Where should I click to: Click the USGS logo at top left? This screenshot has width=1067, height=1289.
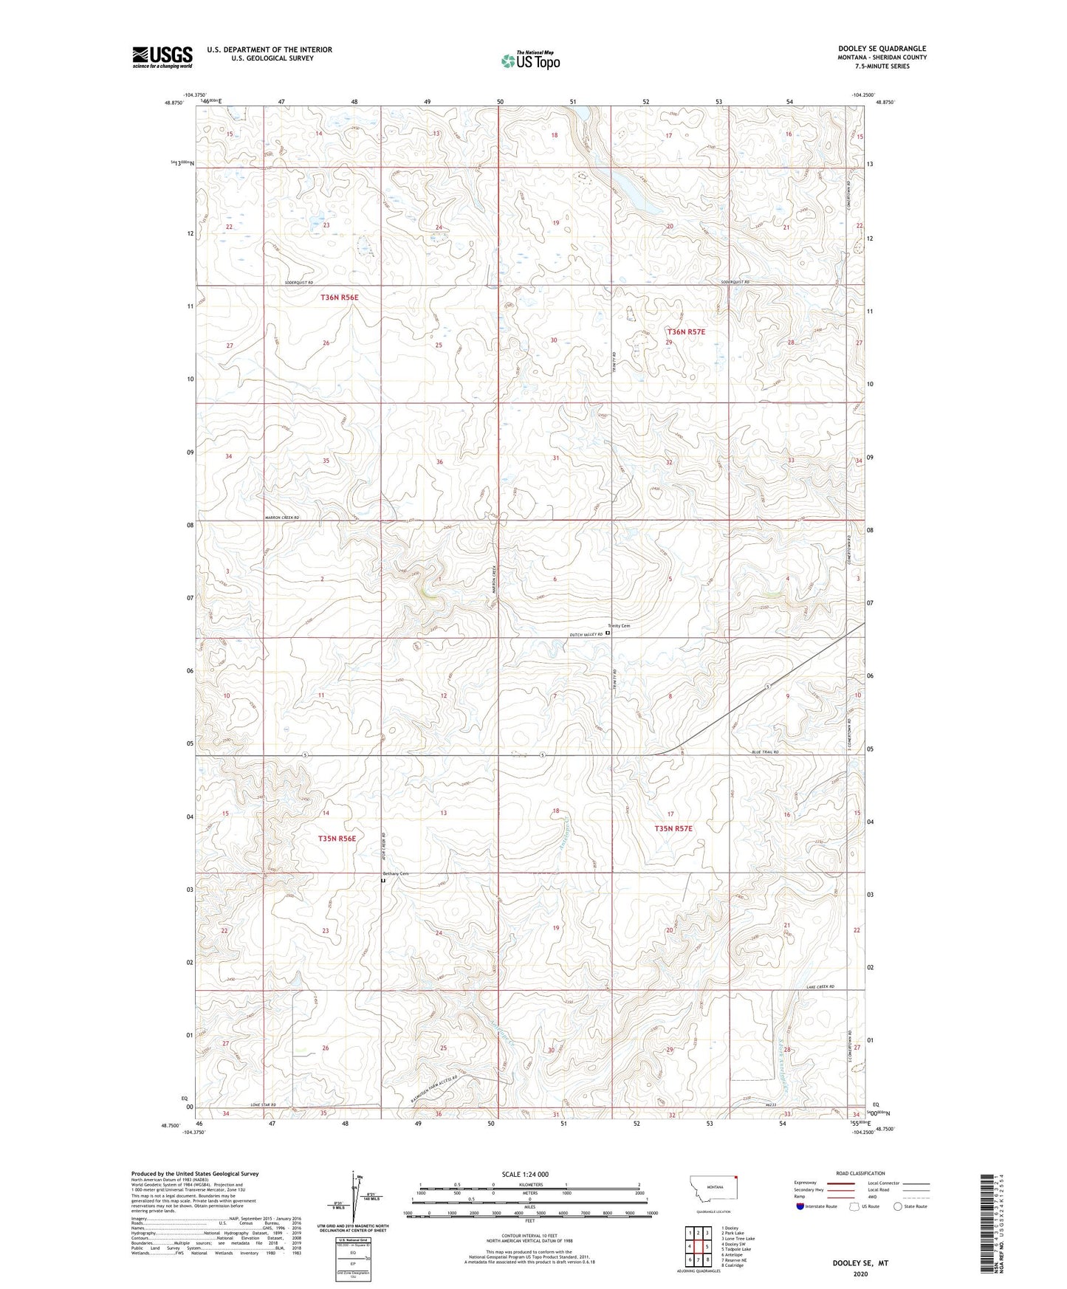pos(162,56)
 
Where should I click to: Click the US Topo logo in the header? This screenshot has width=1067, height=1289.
pos(530,61)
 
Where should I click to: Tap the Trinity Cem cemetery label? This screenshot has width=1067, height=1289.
pos(619,626)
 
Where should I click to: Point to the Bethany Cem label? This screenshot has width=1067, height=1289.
pos(394,873)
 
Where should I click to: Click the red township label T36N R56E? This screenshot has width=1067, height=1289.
pos(339,298)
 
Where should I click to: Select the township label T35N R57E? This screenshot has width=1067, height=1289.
pos(673,828)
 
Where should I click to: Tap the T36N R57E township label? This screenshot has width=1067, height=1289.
pos(686,332)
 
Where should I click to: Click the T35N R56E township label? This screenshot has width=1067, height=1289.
pos(337,839)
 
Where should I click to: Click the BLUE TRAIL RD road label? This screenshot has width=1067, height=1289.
pos(765,752)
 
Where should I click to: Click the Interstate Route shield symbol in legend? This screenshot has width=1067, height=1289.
pos(800,1206)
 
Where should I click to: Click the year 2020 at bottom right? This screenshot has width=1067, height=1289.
pos(860,1274)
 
